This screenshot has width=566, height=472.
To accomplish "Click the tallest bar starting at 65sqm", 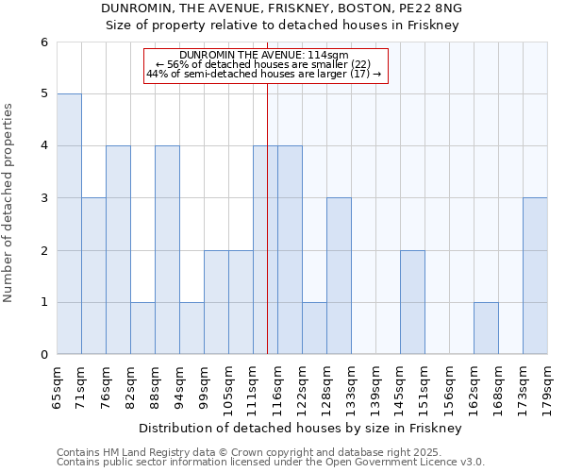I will tap(69, 224).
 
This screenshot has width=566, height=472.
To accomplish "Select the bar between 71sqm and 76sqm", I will tap(93, 276).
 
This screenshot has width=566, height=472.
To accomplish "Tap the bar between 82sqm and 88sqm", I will tap(142, 328).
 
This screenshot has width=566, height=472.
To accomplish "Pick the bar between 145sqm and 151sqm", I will tap(412, 302).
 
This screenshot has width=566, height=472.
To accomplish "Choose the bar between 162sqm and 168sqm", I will tap(486, 328).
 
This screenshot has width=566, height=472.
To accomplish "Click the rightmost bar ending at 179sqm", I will tap(535, 276).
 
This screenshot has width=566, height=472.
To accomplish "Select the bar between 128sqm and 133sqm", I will tap(339, 276).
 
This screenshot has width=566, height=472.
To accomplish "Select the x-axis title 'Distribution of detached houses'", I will tap(302, 428).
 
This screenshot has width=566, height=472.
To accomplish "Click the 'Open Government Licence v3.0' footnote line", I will tap(271, 463).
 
